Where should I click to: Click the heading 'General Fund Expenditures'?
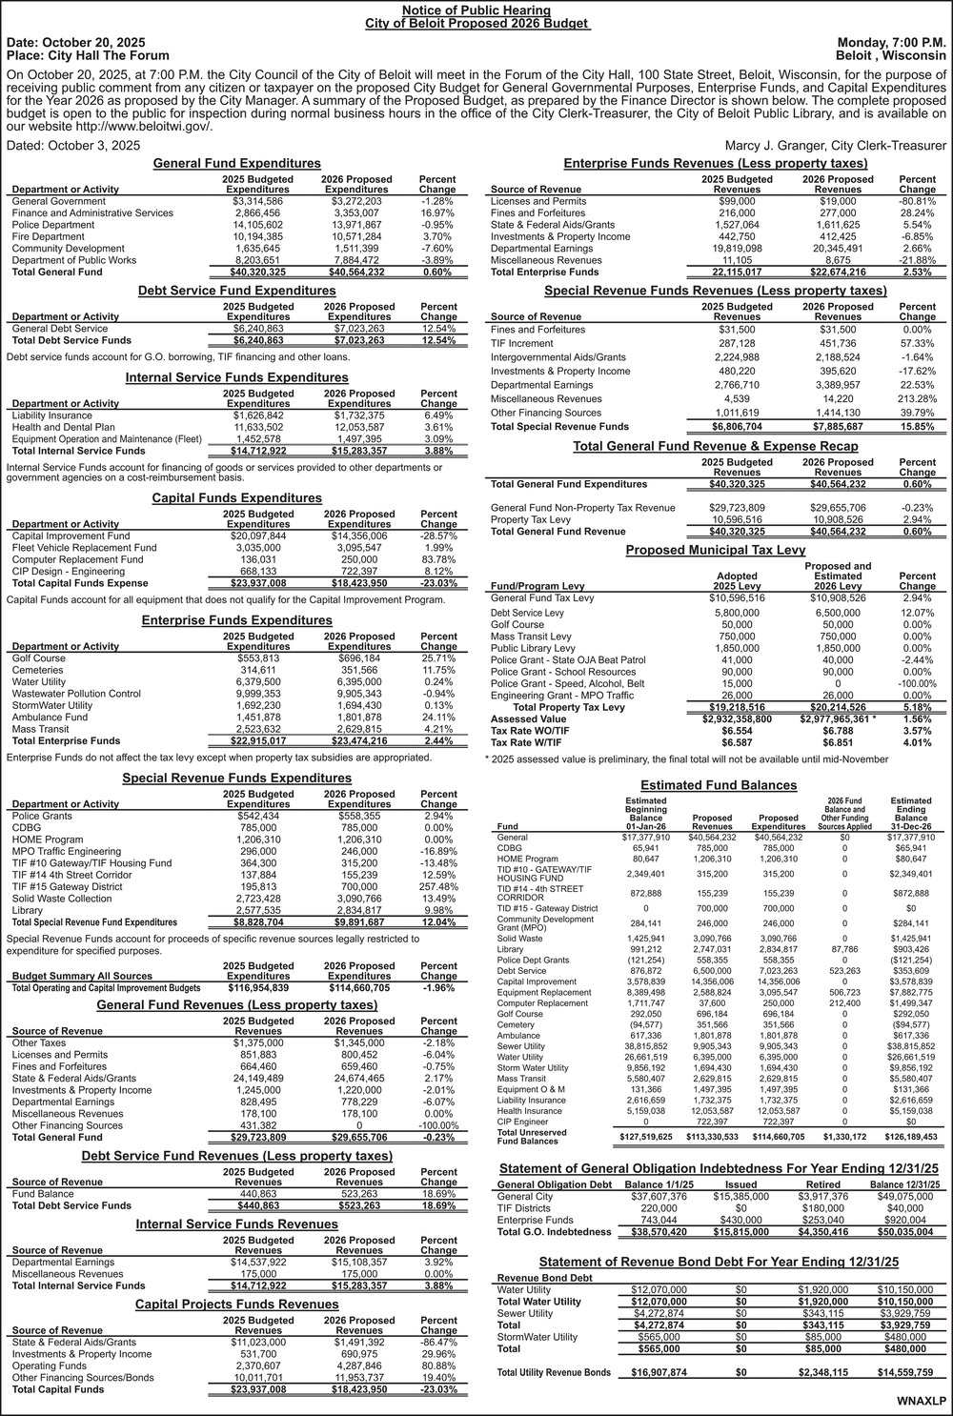(238, 164)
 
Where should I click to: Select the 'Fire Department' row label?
(49, 237)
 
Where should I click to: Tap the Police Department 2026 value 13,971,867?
(357, 225)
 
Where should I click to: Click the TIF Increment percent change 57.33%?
(917, 343)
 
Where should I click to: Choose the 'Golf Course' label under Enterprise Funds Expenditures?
(39, 658)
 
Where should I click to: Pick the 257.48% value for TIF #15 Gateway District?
(438, 886)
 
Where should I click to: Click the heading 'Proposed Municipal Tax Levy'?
(716, 551)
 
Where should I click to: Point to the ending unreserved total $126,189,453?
(911, 1137)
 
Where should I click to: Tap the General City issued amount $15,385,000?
(734, 1197)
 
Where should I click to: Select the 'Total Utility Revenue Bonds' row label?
(554, 1372)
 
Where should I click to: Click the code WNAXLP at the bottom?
(922, 1402)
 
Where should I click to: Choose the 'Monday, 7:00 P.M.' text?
(891, 43)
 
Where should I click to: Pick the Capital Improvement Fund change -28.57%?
(438, 536)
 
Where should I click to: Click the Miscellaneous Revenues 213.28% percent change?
(917, 398)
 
